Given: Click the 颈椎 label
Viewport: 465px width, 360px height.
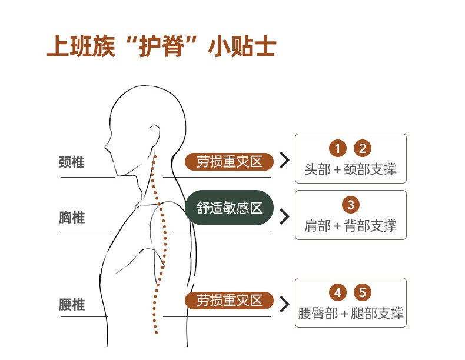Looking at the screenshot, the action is pyautogui.click(x=72, y=162).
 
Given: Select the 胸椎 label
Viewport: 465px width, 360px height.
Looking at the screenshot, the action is pyautogui.click(x=72, y=218).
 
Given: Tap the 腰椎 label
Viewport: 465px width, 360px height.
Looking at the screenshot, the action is pyautogui.click(x=72, y=305).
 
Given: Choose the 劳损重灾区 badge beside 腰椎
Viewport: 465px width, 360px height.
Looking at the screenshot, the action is pyautogui.click(x=230, y=301).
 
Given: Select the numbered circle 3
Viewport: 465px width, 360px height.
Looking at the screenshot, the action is pyautogui.click(x=350, y=205).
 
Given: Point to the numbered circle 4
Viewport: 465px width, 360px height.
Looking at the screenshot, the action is pyautogui.click(x=337, y=292).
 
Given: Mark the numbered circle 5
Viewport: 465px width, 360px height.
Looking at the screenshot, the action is pyautogui.click(x=363, y=292).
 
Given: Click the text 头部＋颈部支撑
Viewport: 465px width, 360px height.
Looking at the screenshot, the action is pyautogui.click(x=350, y=169).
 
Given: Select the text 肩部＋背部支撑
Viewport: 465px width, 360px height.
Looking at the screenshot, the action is pyautogui.click(x=350, y=225).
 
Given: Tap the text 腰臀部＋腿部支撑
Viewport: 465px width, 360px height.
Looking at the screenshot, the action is pyautogui.click(x=350, y=313).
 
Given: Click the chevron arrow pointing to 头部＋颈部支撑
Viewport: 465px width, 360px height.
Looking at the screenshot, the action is pyautogui.click(x=285, y=161).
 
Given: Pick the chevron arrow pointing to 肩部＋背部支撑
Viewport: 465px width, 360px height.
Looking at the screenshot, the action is pyautogui.click(x=285, y=216).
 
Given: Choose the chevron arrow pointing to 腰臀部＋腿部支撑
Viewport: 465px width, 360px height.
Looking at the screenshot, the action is pyautogui.click(x=285, y=304).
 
